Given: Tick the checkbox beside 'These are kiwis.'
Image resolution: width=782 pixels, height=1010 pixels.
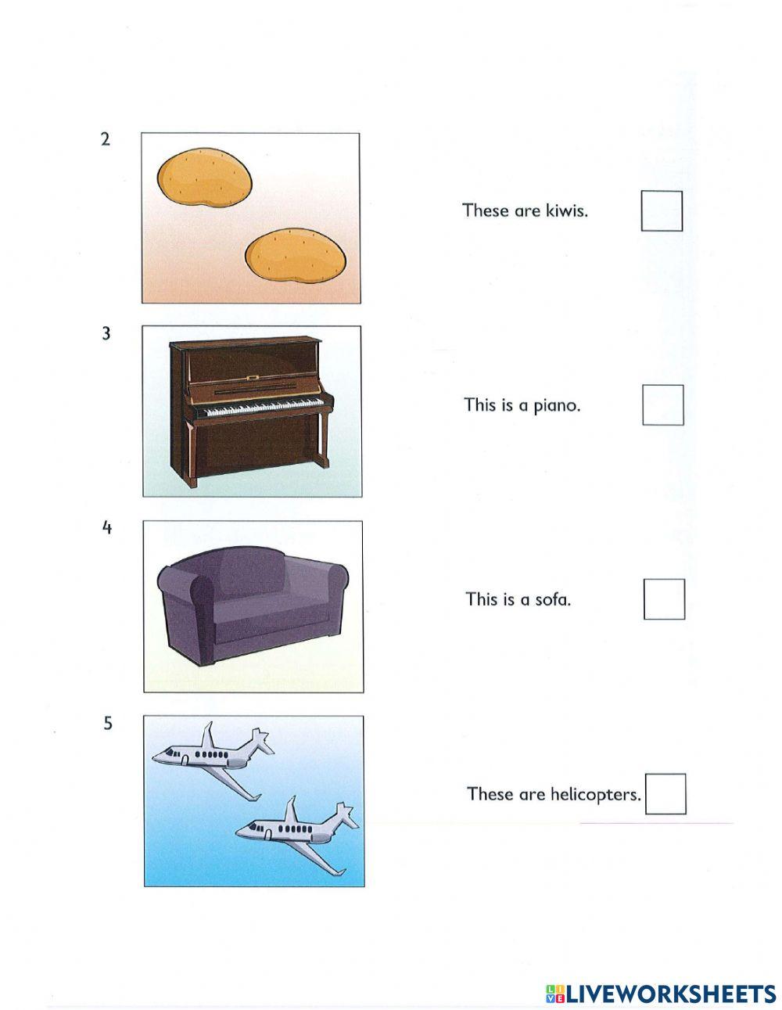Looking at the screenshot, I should click(x=662, y=210).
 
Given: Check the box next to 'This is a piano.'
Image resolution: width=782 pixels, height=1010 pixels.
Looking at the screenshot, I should click(x=663, y=405).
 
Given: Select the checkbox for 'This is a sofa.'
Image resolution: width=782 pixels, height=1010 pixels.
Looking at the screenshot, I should click(x=664, y=599).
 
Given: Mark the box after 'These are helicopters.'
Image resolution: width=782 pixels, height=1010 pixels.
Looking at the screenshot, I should click(x=665, y=794).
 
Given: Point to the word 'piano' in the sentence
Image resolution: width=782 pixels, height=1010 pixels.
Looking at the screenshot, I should click(x=557, y=406).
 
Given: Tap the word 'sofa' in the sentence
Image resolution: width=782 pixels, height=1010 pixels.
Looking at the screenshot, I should click(x=551, y=599).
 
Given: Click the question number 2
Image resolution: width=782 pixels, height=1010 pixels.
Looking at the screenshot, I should click(x=106, y=140).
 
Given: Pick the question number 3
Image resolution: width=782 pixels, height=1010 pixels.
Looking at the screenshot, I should click(x=106, y=334).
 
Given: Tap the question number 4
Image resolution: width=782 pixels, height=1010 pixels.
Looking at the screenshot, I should click(x=107, y=528).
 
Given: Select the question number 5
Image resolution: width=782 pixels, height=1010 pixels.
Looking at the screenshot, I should click(x=108, y=724).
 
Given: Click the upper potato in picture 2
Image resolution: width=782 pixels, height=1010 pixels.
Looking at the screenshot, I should click(x=205, y=180).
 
